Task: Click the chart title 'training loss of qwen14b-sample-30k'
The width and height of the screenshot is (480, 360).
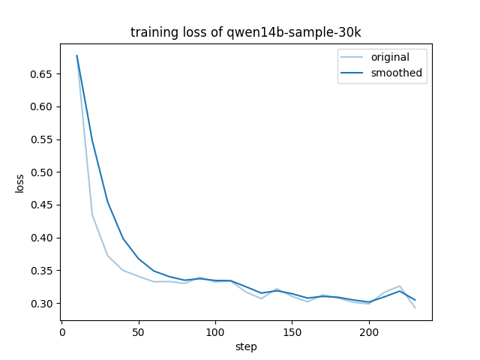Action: point(245,32)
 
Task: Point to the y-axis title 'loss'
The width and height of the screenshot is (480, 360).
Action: point(20,183)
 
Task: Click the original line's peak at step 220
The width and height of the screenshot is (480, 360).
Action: point(400,286)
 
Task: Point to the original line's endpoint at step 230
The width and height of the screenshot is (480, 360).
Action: point(415,307)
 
